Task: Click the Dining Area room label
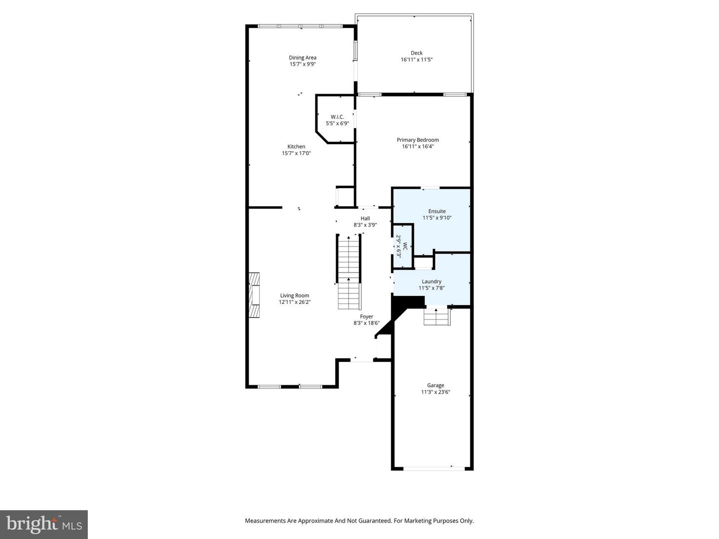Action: coord(302,57)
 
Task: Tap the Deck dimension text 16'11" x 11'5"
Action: coord(416,60)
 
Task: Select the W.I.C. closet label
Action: coord(337,117)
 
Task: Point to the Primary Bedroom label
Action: coord(417,140)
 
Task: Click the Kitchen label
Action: coord(296,147)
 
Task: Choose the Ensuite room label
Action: coord(437,211)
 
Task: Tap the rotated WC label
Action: coord(405,246)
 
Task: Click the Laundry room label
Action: coord(431,281)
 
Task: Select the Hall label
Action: coord(365,218)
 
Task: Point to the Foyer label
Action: coord(366,316)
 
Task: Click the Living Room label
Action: coord(295,295)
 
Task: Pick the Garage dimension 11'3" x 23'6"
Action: coord(435,392)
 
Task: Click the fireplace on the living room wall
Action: coord(255,295)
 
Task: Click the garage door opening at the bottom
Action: coord(433,468)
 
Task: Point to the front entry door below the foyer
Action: coord(361,359)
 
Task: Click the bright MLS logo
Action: coord(44,524)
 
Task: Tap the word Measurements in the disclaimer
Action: coord(265,521)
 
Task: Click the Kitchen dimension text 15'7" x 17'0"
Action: coord(296,154)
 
